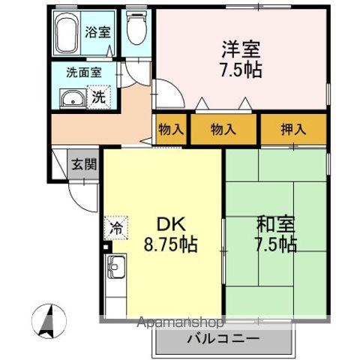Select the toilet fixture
[x=136, y=30]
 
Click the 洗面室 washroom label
[x=83, y=73]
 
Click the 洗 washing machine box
[x=99, y=97]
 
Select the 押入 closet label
[x=293, y=129]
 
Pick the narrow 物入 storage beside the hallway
[x=171, y=129]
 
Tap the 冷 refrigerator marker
[x=117, y=224]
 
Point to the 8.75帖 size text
[x=170, y=244]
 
